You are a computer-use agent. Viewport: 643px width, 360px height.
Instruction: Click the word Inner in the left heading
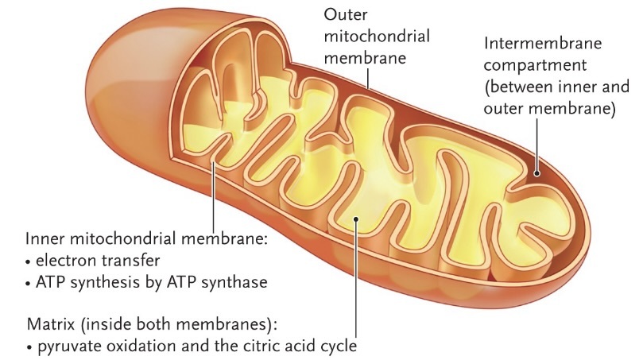[45, 238]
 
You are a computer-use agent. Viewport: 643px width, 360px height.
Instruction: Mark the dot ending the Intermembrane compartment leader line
[538, 170]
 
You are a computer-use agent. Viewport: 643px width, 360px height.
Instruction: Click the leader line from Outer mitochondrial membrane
[369, 75]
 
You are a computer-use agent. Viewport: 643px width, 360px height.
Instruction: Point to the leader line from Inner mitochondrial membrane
[214, 199]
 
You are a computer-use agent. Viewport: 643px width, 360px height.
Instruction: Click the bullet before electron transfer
[29, 260]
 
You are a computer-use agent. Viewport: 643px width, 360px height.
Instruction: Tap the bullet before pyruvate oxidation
[29, 346]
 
